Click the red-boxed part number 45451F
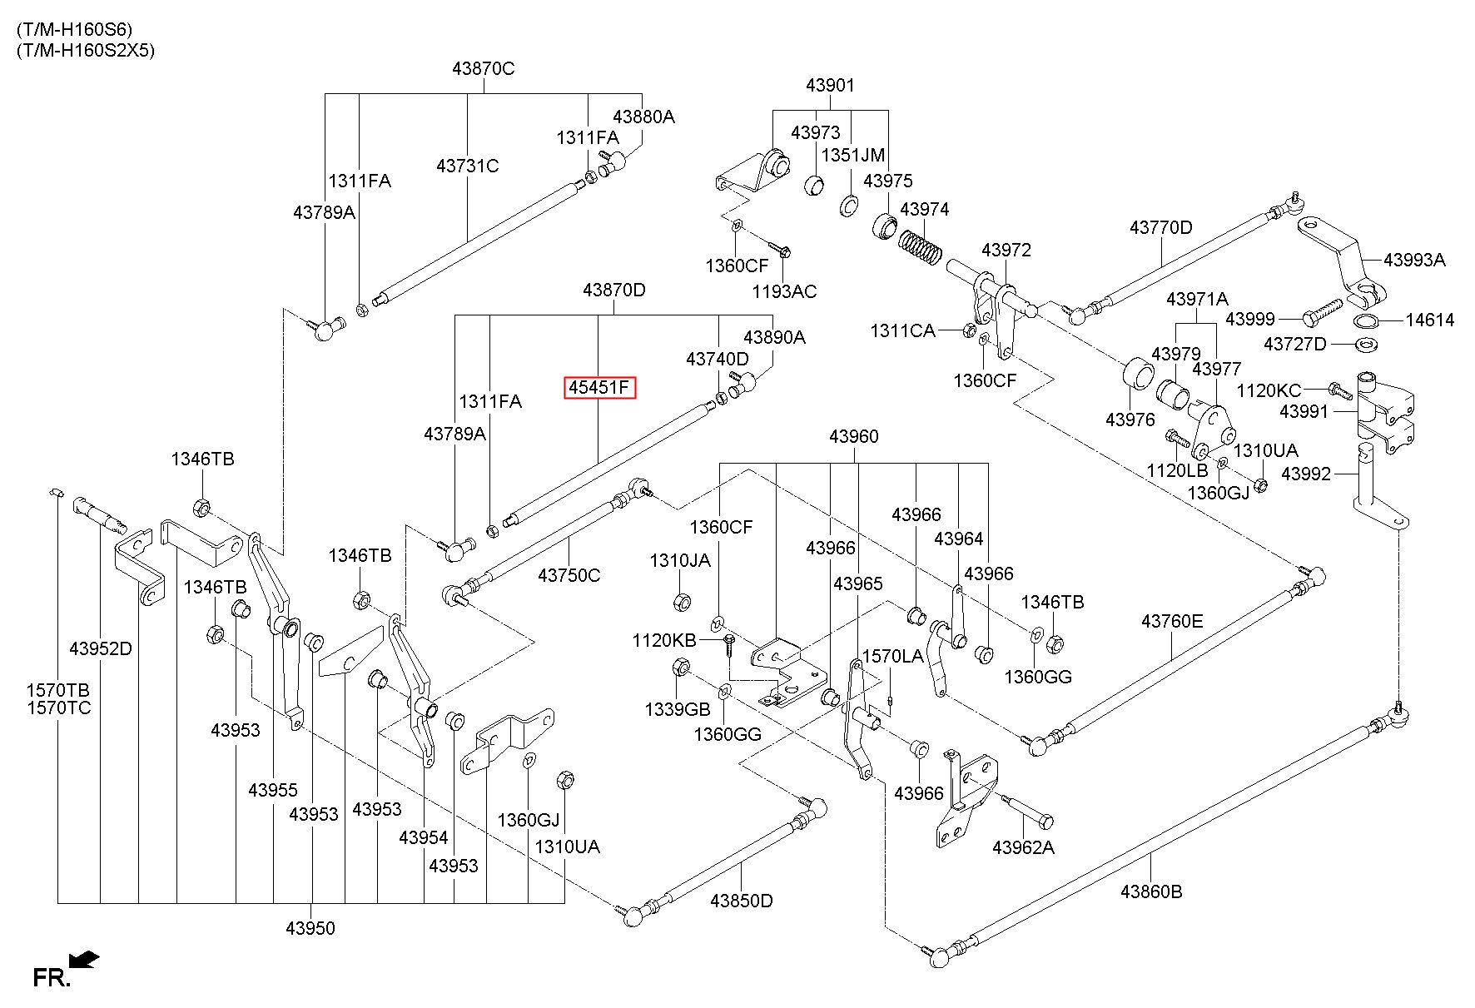click(599, 388)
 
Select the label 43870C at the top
click(484, 69)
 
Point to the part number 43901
click(830, 86)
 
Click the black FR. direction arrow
click(85, 961)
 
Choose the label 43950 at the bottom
click(310, 928)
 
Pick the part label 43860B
click(1151, 891)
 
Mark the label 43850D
click(742, 901)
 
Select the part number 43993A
click(1414, 260)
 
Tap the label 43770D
click(1161, 227)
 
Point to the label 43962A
click(1023, 848)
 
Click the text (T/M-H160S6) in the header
click(74, 30)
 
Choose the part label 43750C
click(569, 575)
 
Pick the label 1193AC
click(785, 291)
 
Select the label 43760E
click(1172, 621)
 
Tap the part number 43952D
click(100, 648)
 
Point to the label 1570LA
click(892, 656)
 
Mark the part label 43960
click(854, 436)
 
